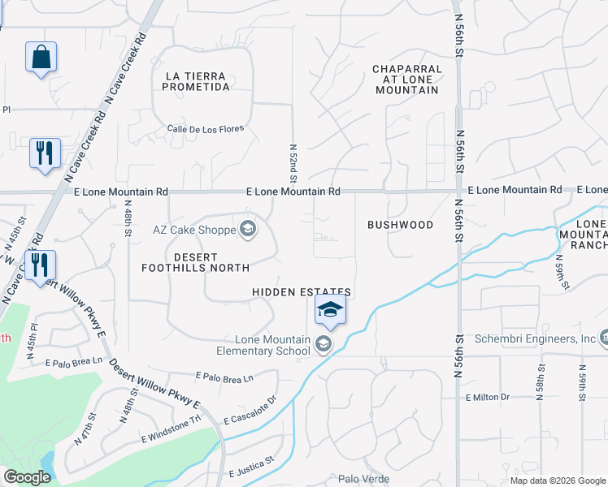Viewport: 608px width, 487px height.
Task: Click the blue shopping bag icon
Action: (41, 58)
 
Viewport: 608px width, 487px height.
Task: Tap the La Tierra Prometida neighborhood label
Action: (207, 81)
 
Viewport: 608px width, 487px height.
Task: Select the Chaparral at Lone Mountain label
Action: (406, 80)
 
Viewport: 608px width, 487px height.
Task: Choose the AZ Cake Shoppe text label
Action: (193, 230)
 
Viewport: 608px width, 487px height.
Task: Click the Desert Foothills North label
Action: (195, 261)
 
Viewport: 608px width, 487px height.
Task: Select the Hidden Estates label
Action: (301, 292)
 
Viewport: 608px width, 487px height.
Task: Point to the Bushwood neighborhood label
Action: (400, 225)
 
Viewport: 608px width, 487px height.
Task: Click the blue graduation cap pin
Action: (330, 309)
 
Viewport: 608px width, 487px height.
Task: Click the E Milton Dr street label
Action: (487, 397)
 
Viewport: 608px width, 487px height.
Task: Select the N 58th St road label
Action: (539, 382)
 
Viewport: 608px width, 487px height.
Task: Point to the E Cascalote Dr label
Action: (250, 410)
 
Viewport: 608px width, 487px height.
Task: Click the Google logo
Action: (27, 477)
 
